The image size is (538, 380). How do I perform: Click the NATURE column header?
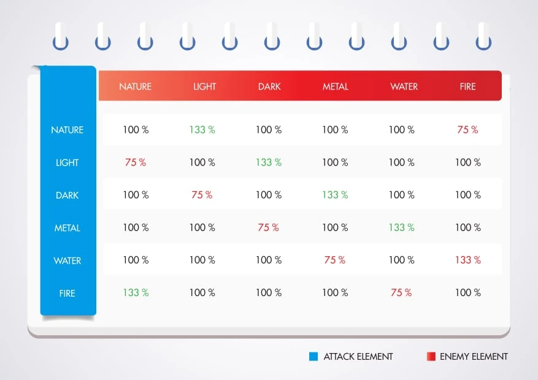(135, 86)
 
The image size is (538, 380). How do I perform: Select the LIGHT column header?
(204, 86)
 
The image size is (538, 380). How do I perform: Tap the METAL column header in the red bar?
(335, 86)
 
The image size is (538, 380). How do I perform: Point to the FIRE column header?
(467, 86)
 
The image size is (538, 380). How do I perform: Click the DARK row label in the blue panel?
(67, 196)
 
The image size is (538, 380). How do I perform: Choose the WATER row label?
(67, 260)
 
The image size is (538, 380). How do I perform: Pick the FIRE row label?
(67, 294)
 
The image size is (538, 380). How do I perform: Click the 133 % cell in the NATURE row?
(202, 129)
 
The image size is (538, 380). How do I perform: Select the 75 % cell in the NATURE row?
(467, 129)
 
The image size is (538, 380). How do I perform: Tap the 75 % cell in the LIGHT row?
(136, 162)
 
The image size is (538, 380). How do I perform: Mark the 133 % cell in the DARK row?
(335, 195)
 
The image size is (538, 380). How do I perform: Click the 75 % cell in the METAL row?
(268, 227)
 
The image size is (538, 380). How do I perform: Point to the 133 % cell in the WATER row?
(467, 260)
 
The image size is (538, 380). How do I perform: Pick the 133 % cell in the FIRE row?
(136, 292)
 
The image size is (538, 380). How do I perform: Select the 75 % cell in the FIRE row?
(401, 292)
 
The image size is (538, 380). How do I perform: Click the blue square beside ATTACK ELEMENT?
(313, 356)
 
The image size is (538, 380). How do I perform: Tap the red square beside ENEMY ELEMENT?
(431, 356)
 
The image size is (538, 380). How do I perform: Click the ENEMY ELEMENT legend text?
(474, 356)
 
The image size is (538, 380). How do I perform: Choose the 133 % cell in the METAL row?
(401, 227)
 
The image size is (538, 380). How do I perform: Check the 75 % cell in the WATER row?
(334, 260)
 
